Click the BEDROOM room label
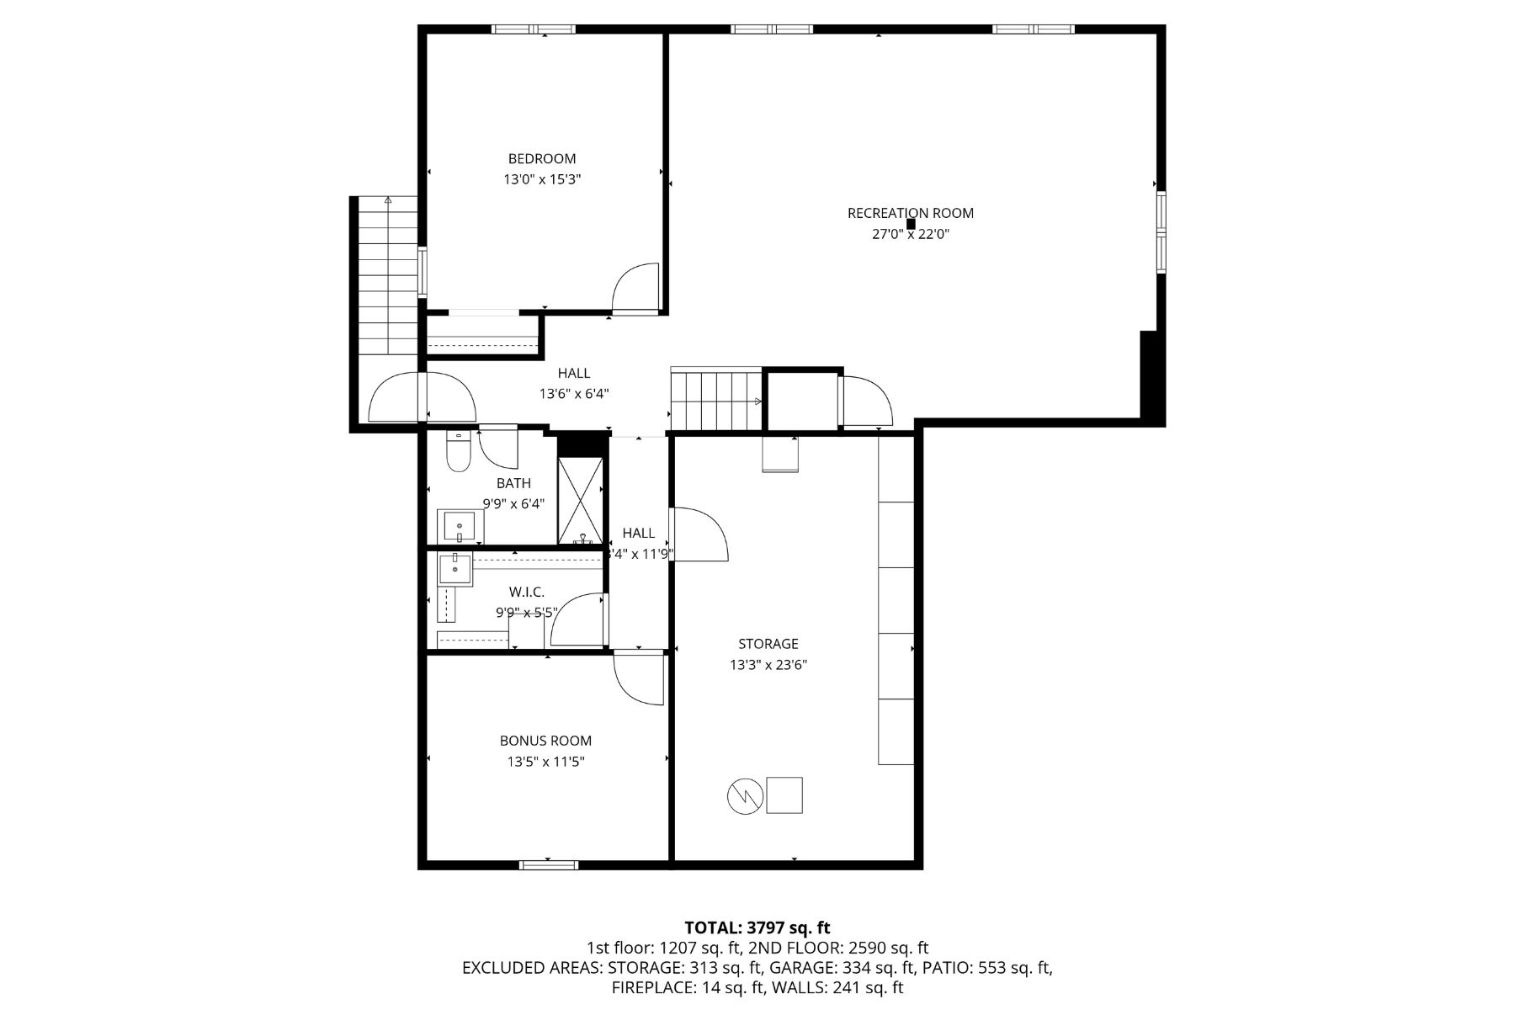pyautogui.click(x=541, y=158)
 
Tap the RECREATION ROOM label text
pyautogui.click(x=910, y=213)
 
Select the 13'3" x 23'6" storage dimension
pyautogui.click(x=768, y=665)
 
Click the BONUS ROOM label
pyautogui.click(x=545, y=741)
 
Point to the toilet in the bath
pyautogui.click(x=458, y=453)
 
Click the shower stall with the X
pyautogui.click(x=581, y=500)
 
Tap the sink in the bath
pyautogui.click(x=460, y=527)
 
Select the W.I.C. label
pyautogui.click(x=526, y=593)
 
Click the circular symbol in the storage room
pyautogui.click(x=745, y=795)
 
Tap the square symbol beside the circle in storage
pyautogui.click(x=784, y=795)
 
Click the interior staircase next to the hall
pyautogui.click(x=715, y=401)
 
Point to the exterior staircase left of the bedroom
pyautogui.click(x=387, y=278)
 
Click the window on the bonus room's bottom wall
pyautogui.click(x=548, y=864)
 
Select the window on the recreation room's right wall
pyautogui.click(x=1161, y=232)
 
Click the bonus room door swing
pyautogui.click(x=639, y=679)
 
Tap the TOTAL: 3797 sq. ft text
pyautogui.click(x=757, y=928)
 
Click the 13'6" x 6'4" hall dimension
pyautogui.click(x=573, y=394)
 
